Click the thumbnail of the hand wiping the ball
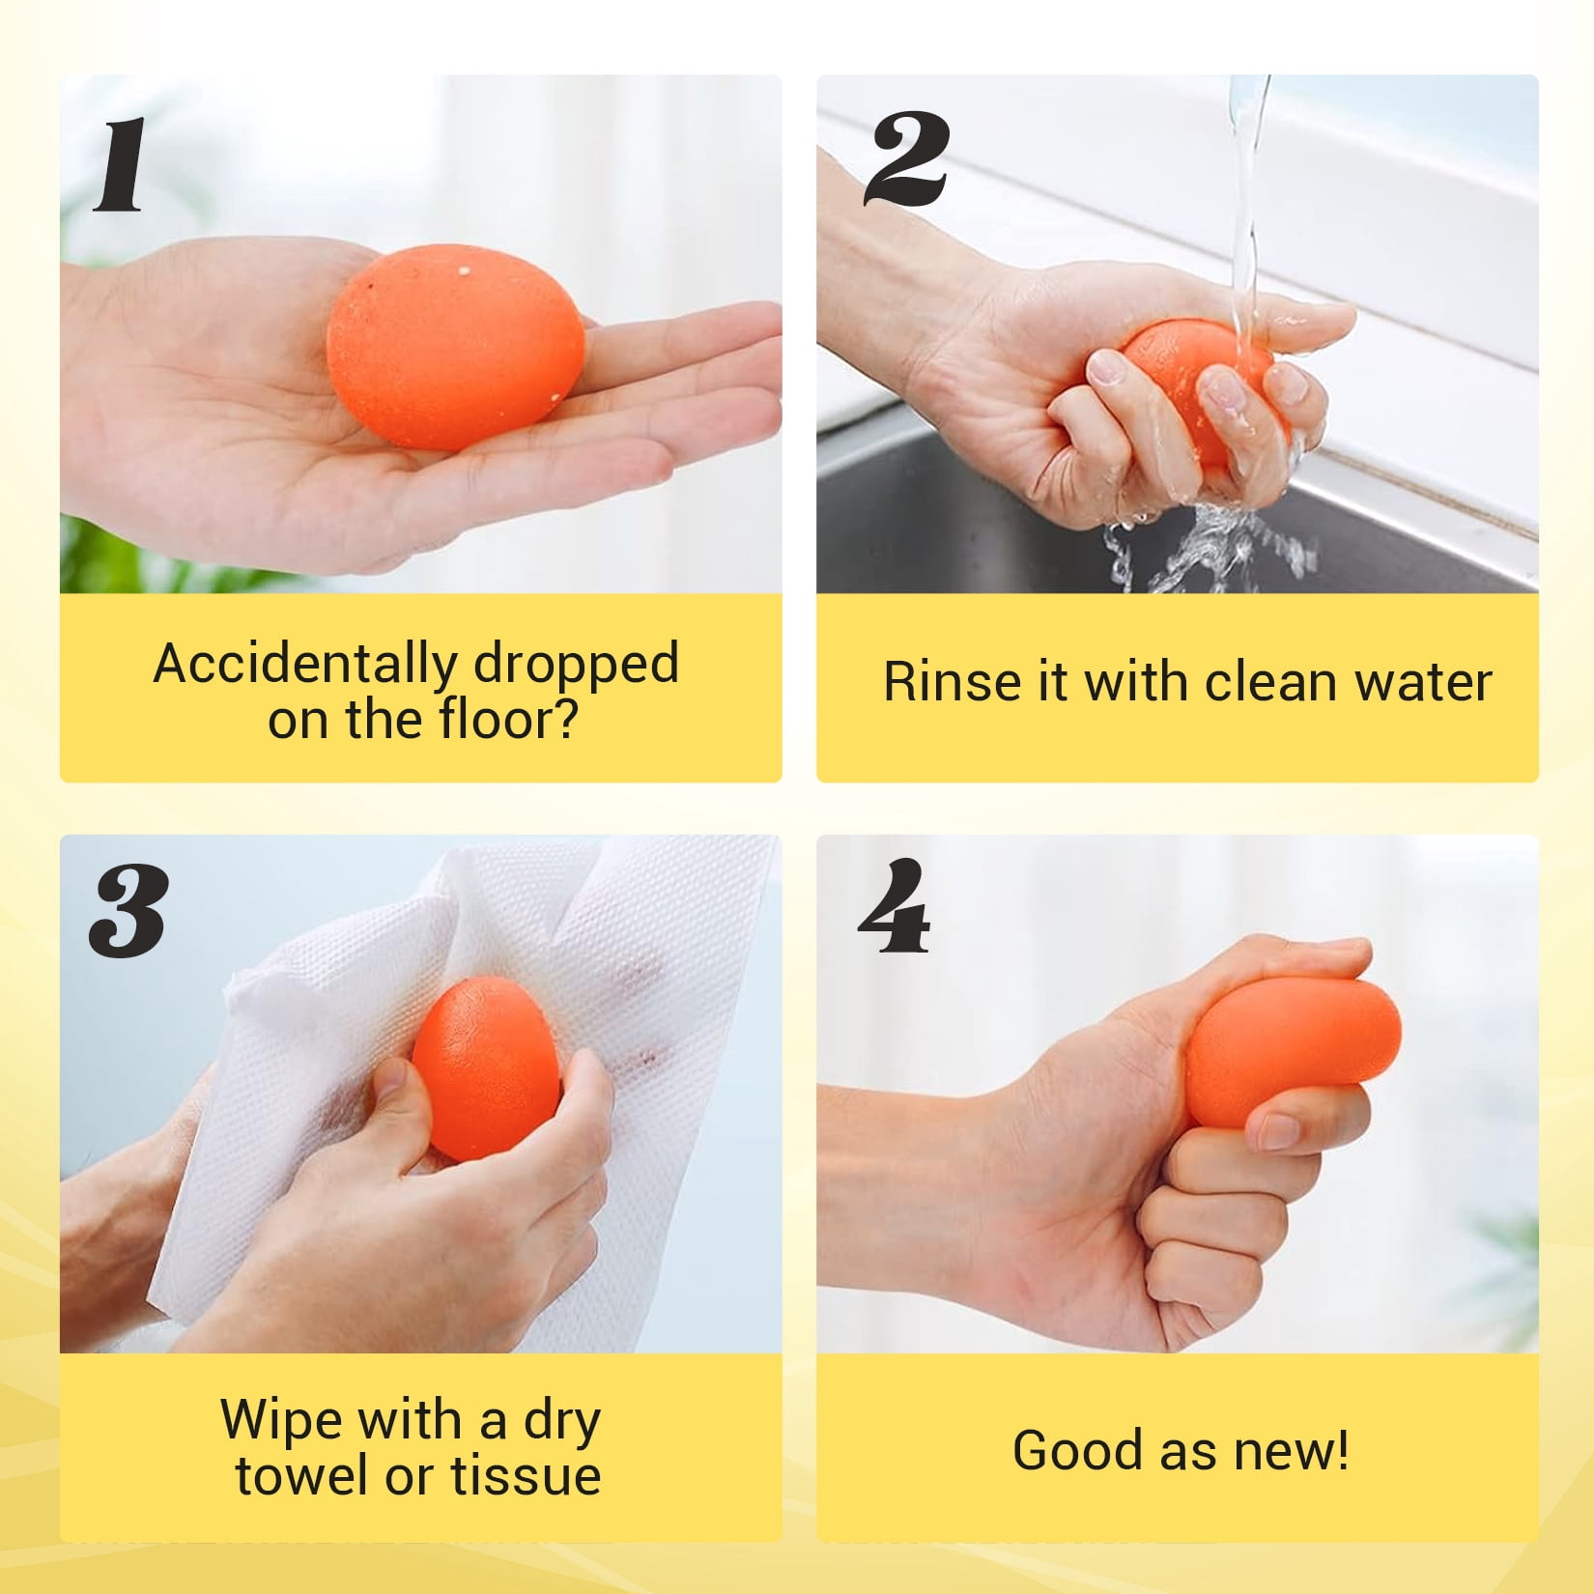click(x=420, y=1094)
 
